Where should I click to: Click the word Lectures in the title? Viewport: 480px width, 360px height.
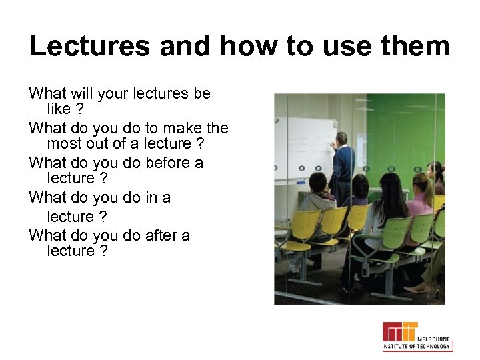point(89,46)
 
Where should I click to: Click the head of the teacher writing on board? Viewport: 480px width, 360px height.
point(341,139)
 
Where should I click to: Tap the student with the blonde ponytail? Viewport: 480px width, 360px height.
point(421,188)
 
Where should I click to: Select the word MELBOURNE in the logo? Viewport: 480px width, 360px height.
point(435,339)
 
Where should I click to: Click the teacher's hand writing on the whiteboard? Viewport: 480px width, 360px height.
point(331,144)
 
